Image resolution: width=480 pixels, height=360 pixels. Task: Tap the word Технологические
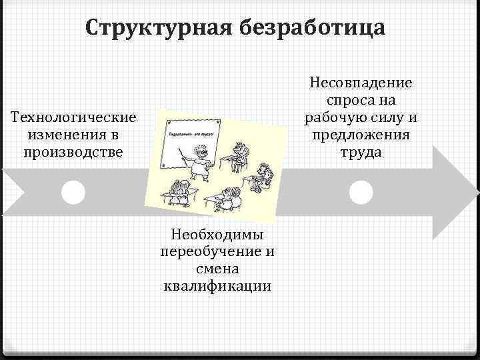point(74,118)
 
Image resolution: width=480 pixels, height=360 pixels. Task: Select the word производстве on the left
point(74,151)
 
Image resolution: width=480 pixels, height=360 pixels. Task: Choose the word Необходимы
point(218,234)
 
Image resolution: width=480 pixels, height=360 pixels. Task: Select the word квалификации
point(218,286)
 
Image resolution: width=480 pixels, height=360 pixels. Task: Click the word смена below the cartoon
point(218,269)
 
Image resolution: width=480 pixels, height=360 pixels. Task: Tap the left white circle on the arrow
point(73,192)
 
